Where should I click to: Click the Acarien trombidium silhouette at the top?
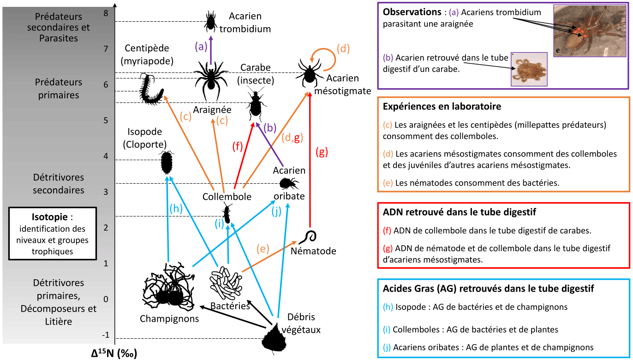click(211, 20)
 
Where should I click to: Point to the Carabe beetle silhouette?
click(255, 106)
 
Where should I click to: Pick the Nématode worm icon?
click(308, 237)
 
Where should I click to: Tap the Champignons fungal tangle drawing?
click(168, 288)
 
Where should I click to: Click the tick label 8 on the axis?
click(106, 13)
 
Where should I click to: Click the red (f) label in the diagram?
click(237, 147)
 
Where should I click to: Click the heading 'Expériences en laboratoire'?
click(442, 107)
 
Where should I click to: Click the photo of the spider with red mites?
click(590, 31)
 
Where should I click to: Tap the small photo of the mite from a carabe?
click(529, 69)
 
